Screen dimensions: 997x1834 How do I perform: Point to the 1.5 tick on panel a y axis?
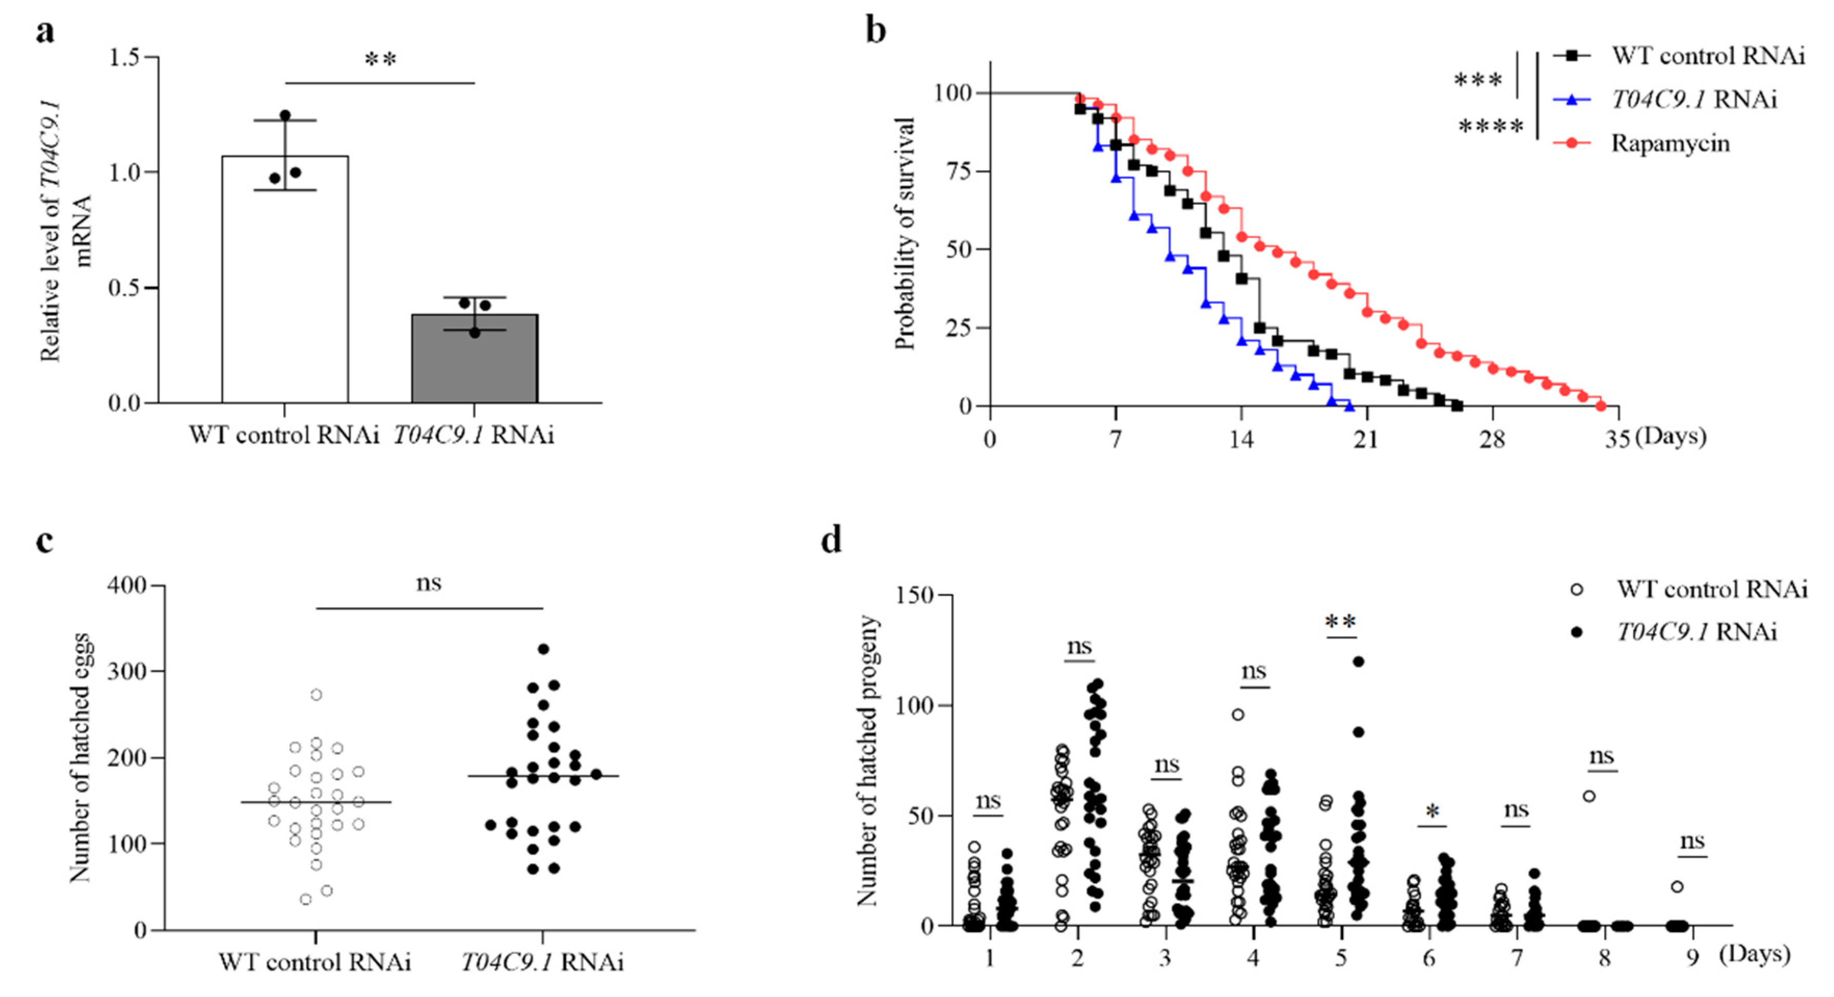tap(125, 58)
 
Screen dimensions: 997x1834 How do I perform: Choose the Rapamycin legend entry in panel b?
tap(1669, 143)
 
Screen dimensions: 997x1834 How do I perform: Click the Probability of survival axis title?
tap(904, 235)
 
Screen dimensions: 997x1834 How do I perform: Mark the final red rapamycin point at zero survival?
tap(1601, 406)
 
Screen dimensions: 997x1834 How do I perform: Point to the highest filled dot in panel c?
tap(543, 649)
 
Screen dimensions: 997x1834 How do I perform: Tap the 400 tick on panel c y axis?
tap(126, 586)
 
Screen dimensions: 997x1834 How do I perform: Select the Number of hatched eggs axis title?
tap(81, 757)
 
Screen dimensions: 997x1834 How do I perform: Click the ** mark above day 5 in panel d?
tap(1340, 622)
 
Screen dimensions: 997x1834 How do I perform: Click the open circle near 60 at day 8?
tap(1588, 796)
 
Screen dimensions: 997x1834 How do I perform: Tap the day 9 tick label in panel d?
tap(1692, 958)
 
